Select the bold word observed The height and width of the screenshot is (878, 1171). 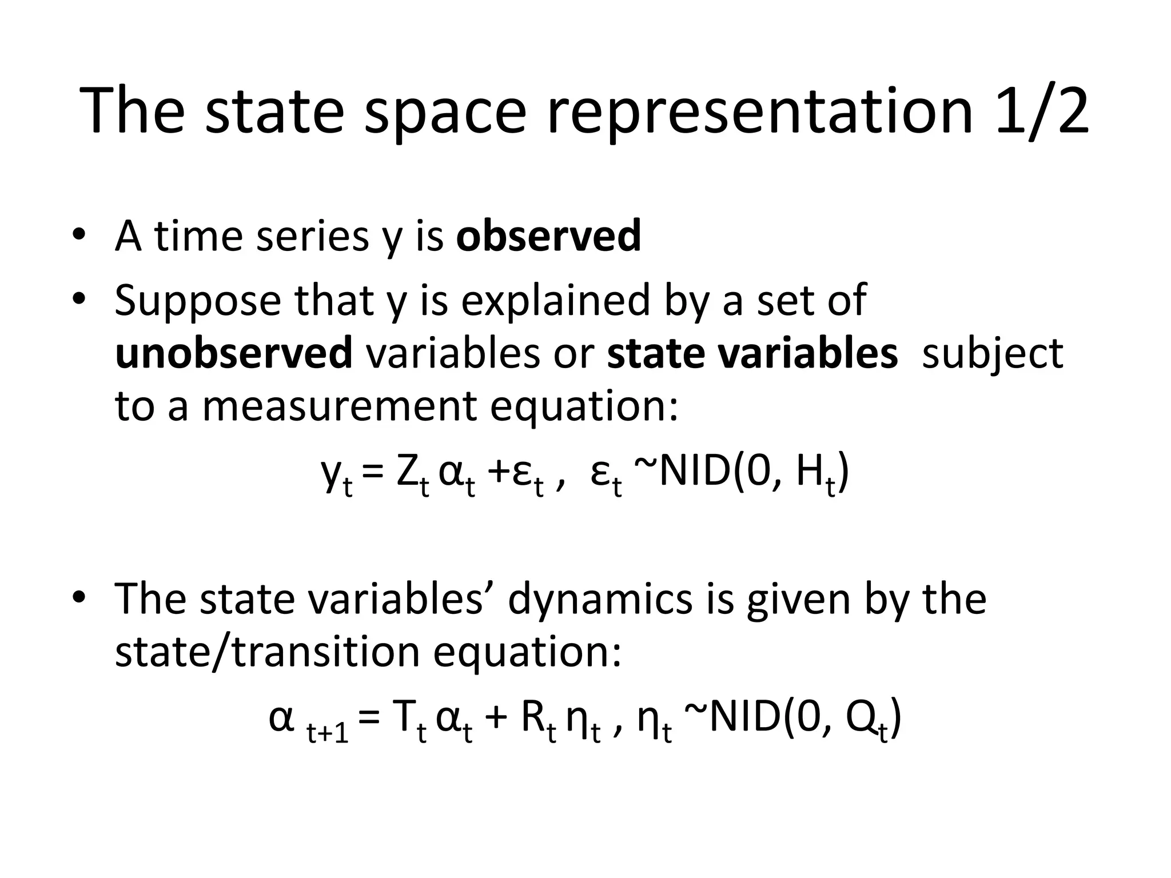(x=548, y=236)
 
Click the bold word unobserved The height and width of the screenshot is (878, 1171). (x=233, y=353)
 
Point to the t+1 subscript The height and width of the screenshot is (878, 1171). (x=328, y=731)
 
